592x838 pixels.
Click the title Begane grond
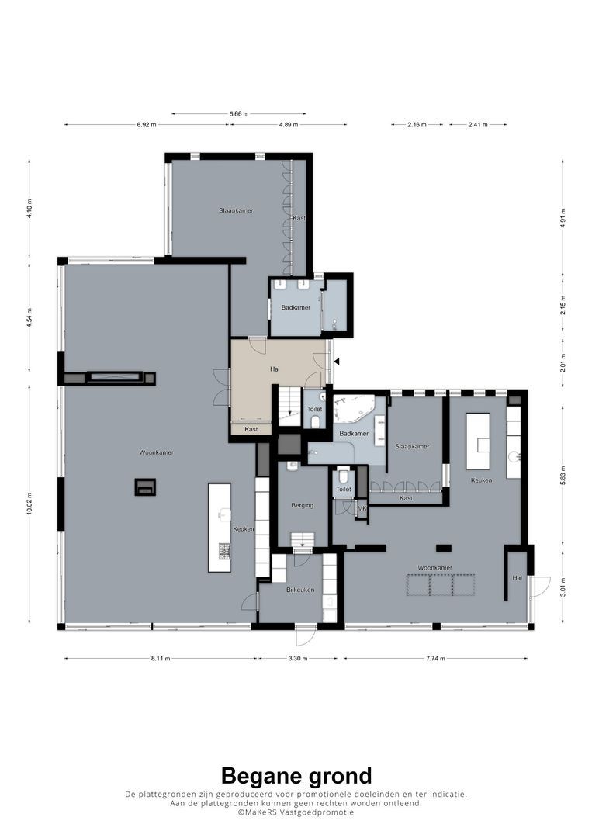[x=296, y=775]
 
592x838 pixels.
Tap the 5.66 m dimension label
[x=239, y=114]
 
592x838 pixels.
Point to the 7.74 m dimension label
[x=435, y=659]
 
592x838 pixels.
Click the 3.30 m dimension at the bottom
[x=298, y=659]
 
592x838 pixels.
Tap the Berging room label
[x=303, y=505]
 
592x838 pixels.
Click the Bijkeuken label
[x=299, y=590]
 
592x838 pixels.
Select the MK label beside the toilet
[x=361, y=508]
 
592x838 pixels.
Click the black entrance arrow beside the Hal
[x=336, y=361]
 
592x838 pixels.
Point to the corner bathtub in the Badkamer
[x=353, y=409]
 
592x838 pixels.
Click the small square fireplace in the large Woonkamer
[x=145, y=487]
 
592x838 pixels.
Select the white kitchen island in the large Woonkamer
[x=220, y=528]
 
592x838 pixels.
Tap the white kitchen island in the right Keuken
[x=477, y=441]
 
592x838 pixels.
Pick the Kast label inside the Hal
[x=251, y=429]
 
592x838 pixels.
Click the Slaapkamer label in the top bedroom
[x=235, y=210]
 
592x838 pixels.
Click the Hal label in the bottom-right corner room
[x=517, y=578]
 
